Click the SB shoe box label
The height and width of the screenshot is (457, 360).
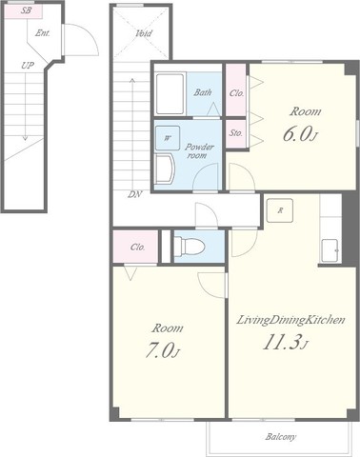[x=27, y=10]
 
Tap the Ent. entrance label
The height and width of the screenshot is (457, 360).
[x=43, y=33]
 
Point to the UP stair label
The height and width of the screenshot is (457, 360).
[x=28, y=66]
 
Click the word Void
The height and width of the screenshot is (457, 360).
[x=144, y=33]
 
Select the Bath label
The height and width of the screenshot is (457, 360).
[x=203, y=92]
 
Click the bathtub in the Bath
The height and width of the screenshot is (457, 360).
[x=170, y=93]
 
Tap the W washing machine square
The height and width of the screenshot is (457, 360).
[x=168, y=138]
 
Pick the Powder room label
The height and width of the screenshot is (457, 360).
[x=199, y=151]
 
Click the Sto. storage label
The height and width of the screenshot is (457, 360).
[x=236, y=133]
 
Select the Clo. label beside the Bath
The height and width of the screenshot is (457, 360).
[x=236, y=93]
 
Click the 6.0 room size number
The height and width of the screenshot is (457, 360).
[x=296, y=135]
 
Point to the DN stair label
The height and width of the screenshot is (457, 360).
[x=134, y=194]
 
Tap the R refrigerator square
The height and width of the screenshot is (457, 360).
[x=280, y=210]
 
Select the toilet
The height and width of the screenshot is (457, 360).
[x=190, y=247]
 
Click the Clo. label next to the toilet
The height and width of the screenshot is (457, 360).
[x=137, y=247]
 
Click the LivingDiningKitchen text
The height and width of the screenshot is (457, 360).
[x=290, y=320]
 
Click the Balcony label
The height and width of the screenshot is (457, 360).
[x=281, y=437]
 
